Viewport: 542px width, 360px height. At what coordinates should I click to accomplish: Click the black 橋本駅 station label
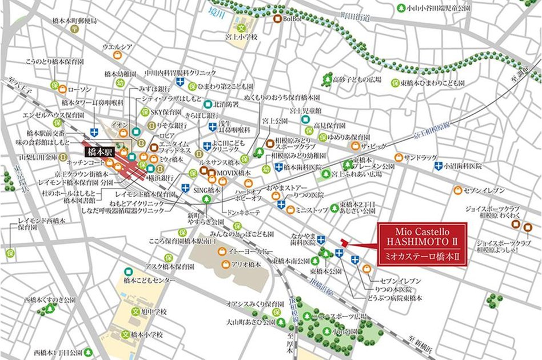pos(101,152)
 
